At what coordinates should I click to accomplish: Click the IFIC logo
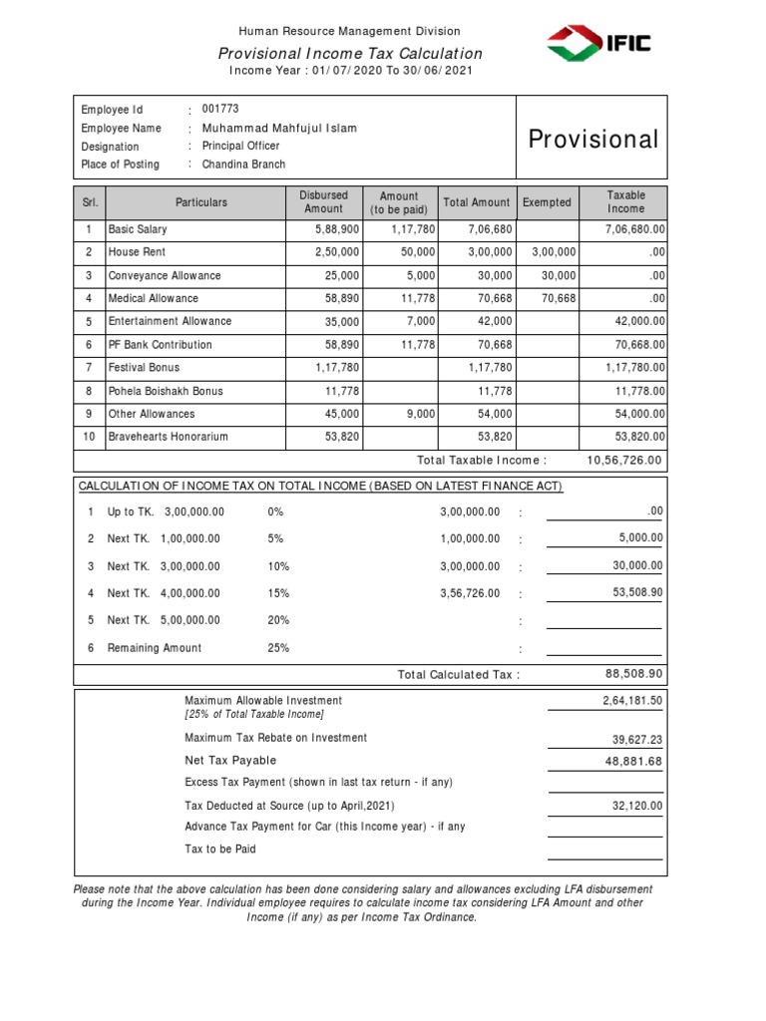click(x=598, y=44)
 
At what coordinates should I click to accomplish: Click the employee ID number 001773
click(x=219, y=110)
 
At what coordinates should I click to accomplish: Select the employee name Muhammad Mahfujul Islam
click(x=279, y=129)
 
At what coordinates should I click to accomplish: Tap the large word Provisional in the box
click(x=593, y=139)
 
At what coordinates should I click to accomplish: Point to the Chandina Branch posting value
click(x=243, y=165)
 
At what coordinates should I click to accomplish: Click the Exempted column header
click(x=547, y=202)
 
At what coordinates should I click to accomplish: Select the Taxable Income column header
click(x=626, y=202)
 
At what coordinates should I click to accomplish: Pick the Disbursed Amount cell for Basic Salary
click(x=323, y=229)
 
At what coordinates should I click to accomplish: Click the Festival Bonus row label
click(x=144, y=368)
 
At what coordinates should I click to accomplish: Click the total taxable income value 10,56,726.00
click(x=625, y=460)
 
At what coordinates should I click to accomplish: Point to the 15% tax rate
click(x=278, y=593)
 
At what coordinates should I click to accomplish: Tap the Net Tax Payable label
click(x=230, y=761)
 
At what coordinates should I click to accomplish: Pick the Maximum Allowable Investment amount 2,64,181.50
click(x=632, y=702)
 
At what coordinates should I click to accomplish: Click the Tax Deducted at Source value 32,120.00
click(x=635, y=806)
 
